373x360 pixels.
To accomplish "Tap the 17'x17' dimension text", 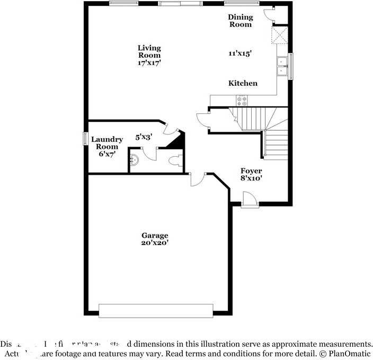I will click(149, 62).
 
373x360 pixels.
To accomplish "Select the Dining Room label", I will click(240, 21).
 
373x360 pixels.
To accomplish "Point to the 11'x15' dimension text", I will click(240, 53).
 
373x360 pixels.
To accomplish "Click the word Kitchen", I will click(243, 83).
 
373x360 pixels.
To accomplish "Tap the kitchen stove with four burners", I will click(242, 100).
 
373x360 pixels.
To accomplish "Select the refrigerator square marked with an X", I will click(279, 35).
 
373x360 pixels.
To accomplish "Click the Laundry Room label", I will click(107, 143).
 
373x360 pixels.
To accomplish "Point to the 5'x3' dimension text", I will click(144, 137).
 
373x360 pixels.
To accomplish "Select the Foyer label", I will click(251, 170).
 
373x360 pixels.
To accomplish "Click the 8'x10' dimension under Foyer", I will click(251, 178).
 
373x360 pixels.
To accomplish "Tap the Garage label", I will click(155, 235).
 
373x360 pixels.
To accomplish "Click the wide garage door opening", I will click(156, 311).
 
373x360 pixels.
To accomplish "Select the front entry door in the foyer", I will click(249, 200).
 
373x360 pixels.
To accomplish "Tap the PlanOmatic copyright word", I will click(350, 353).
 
